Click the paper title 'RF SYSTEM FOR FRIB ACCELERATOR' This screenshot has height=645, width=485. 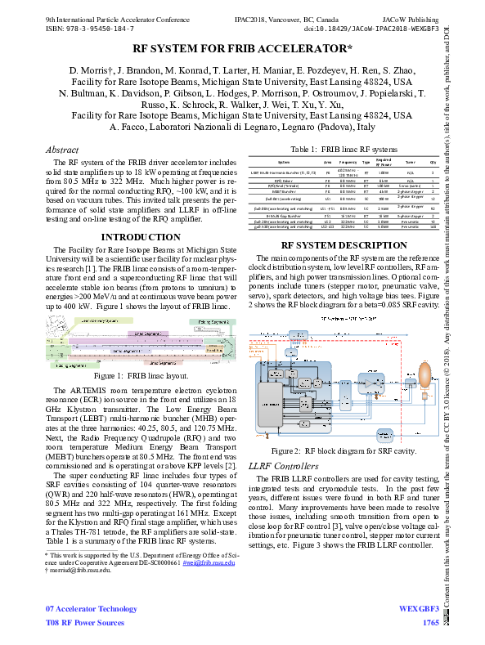point(242,50)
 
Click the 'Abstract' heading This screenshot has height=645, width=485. point(62,150)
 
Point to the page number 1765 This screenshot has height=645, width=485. point(430,623)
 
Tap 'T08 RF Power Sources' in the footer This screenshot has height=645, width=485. point(86,623)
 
